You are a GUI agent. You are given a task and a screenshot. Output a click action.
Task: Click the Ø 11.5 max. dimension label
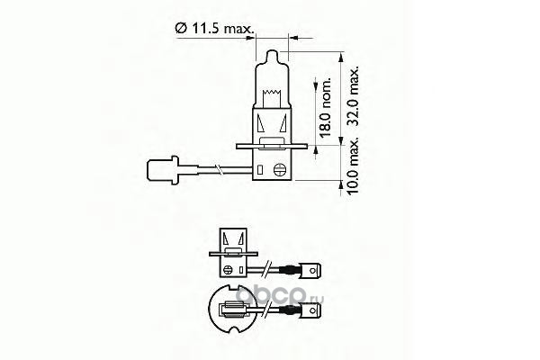(x=214, y=28)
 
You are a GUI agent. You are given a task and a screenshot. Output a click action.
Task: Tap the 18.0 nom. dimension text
(x=324, y=107)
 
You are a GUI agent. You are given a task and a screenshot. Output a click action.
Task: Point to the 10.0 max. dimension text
(x=353, y=166)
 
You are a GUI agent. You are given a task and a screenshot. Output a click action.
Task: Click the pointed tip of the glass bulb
(x=273, y=52)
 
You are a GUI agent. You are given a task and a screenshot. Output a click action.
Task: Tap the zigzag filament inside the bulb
(x=272, y=94)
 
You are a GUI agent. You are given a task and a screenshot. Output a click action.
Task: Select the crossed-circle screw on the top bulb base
(x=278, y=169)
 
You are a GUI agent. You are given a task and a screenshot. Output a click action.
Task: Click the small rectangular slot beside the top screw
(x=260, y=170)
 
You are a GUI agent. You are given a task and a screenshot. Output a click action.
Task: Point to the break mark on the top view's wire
(x=217, y=169)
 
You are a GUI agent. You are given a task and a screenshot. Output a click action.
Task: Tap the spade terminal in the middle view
(x=311, y=270)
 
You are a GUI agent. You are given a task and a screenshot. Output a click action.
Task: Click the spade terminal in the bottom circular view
(x=312, y=310)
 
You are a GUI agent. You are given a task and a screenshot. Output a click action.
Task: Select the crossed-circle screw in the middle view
(x=227, y=270)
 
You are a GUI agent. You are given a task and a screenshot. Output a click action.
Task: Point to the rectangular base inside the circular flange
(x=235, y=310)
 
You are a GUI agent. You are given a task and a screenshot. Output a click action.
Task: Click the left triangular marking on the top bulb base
(x=260, y=122)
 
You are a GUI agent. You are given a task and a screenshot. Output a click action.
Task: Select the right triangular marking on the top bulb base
(x=284, y=122)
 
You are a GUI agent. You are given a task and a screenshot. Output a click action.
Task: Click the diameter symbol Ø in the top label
(x=181, y=28)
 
